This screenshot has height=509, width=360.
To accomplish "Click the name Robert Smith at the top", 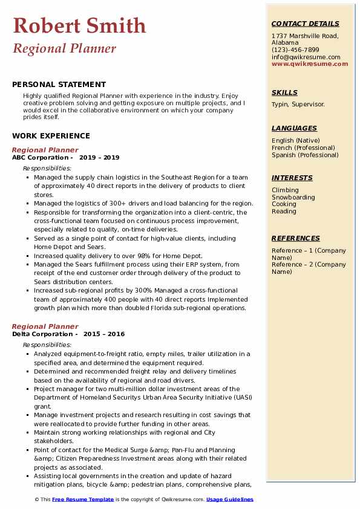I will pos(79,25).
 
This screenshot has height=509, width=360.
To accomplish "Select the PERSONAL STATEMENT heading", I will pos(59,85).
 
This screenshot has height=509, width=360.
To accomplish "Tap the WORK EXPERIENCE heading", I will pos(51,136).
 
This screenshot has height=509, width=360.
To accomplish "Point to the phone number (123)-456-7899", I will pos(295,50).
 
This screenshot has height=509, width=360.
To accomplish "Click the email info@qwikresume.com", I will pos(306,57).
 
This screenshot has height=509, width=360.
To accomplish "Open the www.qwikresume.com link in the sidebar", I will pos(310,64).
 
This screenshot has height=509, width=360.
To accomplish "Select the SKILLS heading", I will pos(284,92).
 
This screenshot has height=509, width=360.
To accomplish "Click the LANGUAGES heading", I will pos(294,128).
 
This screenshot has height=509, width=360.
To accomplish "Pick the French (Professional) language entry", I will pos(303,148).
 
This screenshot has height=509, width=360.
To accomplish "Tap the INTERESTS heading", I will pos(292,178).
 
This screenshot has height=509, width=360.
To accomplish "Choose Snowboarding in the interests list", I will pos(293,197).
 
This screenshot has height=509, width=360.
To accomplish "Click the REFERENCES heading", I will pos(296,238).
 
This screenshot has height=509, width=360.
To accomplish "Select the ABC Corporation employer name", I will pos(38,157).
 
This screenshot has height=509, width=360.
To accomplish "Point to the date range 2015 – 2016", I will pos(103,334).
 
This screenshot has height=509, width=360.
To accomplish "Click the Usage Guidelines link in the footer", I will pos(229,499).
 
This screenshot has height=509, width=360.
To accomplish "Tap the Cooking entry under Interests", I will pos(284,204).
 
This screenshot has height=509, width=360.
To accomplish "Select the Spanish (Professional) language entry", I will pos(306,155).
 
